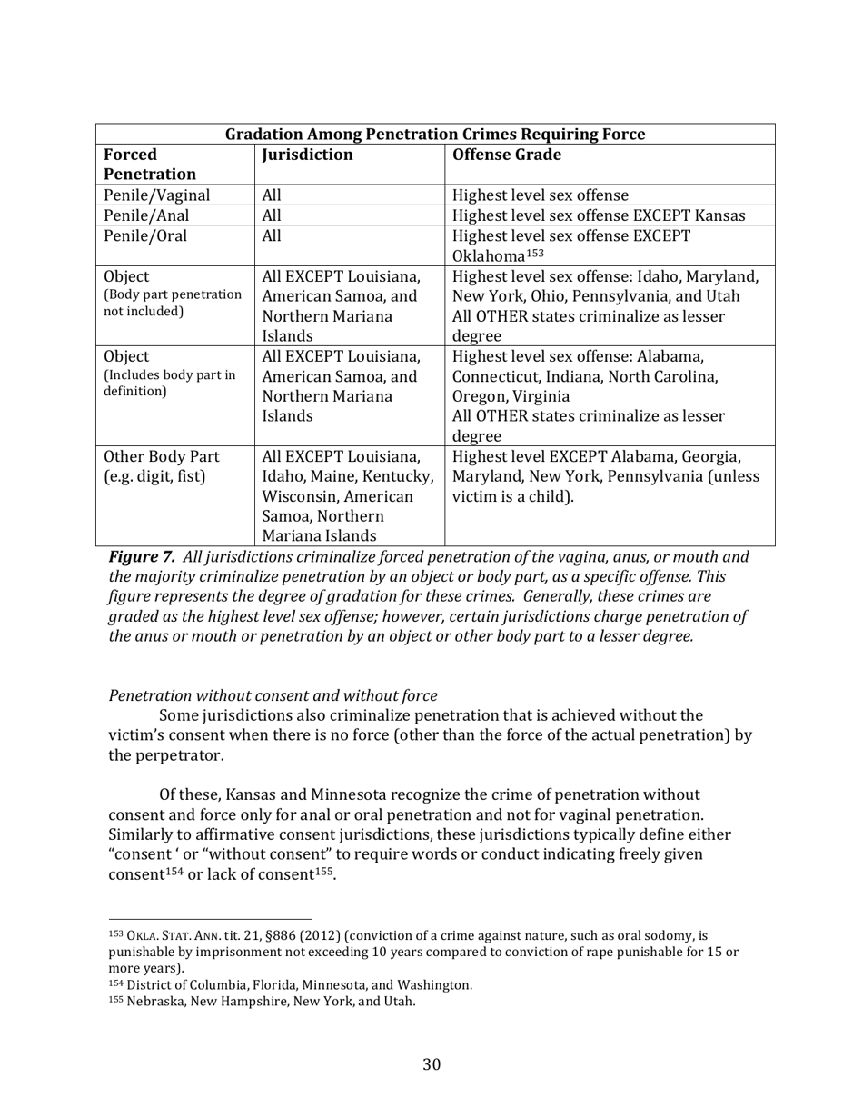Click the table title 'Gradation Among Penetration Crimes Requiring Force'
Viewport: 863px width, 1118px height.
click(x=434, y=135)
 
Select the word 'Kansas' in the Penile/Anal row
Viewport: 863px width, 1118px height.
click(x=719, y=215)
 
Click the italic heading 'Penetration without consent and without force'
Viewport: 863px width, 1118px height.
click(x=273, y=696)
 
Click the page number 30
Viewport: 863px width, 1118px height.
click(x=431, y=1064)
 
